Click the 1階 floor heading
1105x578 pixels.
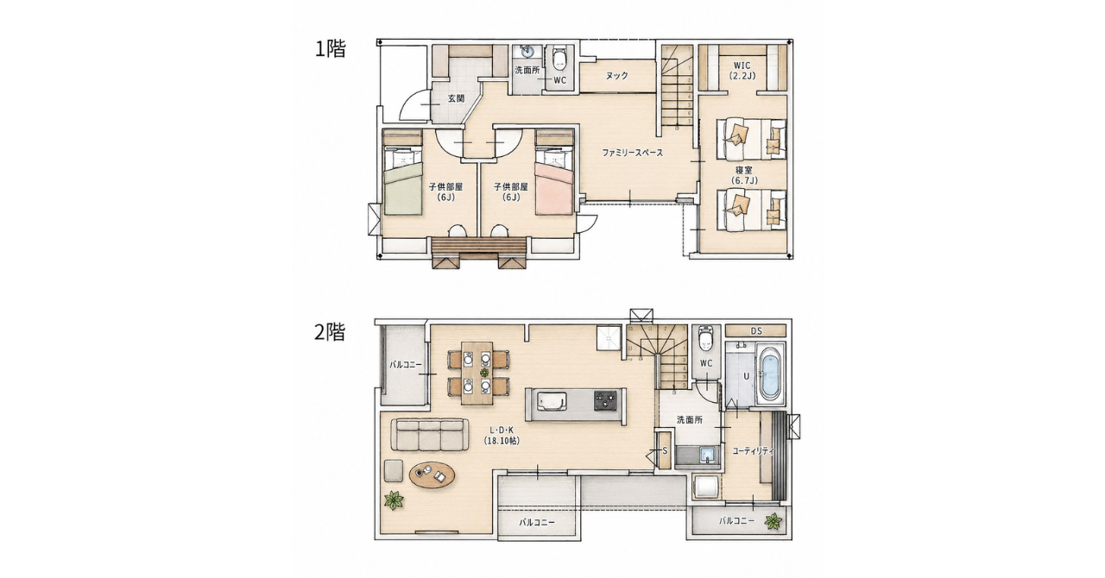[331, 49]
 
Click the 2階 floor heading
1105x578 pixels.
[330, 332]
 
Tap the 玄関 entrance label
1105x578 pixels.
[457, 98]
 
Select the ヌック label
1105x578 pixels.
[616, 75]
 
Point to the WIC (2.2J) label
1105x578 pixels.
[742, 71]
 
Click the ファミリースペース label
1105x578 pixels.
[633, 153]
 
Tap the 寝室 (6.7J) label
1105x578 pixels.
[744, 175]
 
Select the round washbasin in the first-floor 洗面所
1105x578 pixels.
[527, 51]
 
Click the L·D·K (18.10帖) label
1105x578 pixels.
[502, 436]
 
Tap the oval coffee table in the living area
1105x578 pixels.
[433, 475]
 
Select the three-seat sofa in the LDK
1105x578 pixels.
[430, 435]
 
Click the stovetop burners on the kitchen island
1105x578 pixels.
[605, 400]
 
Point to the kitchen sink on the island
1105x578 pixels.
[551, 400]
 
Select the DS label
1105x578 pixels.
[756, 331]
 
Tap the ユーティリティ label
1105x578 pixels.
[754, 450]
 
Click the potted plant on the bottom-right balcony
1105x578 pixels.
[773, 521]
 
